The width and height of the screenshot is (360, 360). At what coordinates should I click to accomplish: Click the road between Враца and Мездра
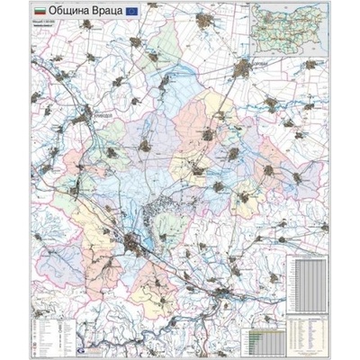pos(180,270)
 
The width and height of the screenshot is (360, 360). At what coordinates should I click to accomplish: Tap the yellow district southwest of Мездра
pos(193,310)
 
